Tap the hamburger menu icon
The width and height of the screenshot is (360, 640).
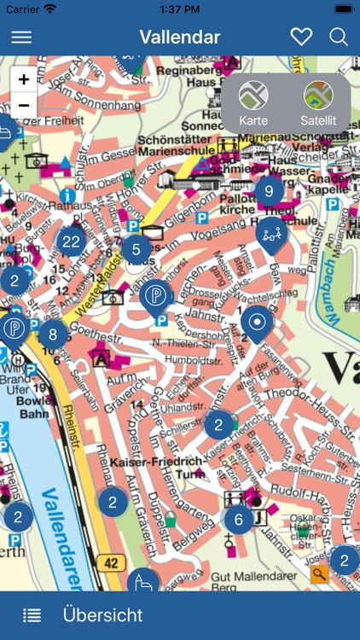tap(21, 37)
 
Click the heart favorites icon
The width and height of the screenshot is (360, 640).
tap(301, 37)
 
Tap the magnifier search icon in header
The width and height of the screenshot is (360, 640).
tap(339, 37)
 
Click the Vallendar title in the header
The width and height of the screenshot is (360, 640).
tap(179, 37)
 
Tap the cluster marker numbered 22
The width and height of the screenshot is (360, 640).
tap(72, 242)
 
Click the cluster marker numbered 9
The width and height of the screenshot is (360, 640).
tap(269, 191)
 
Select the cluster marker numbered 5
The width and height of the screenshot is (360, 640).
tap(136, 250)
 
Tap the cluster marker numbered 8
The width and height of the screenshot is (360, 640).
tap(53, 335)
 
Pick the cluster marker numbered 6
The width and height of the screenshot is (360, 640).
tap(239, 519)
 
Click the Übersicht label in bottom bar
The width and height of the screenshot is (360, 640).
tap(102, 615)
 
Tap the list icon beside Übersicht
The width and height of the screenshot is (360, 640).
tap(32, 615)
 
